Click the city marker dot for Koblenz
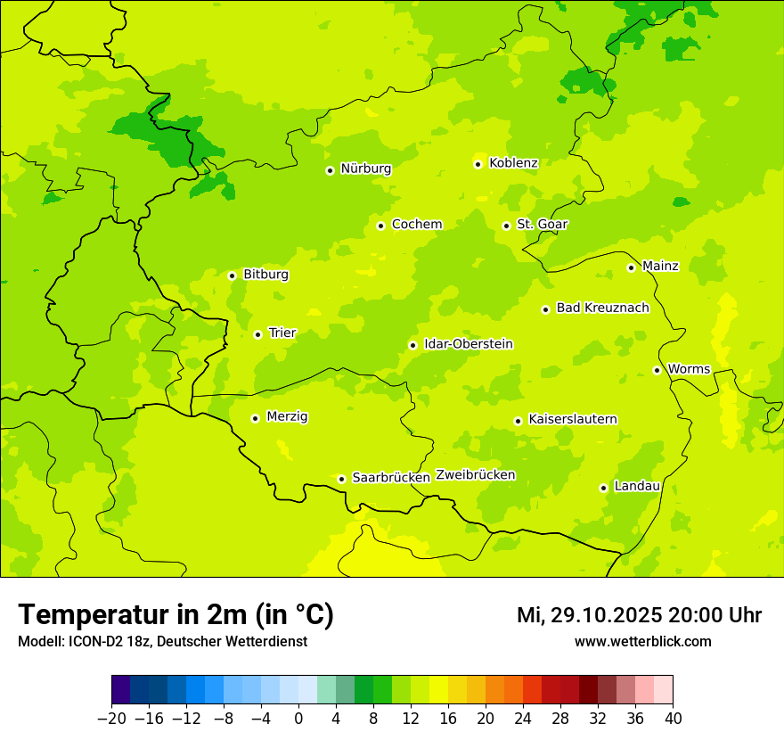tap(478, 164)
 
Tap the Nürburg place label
tap(365, 169)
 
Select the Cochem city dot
tap(380, 226)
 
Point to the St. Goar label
tap(542, 224)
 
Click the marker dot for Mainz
tap(631, 267)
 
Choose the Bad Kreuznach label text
tap(602, 308)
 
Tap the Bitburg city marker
tap(232, 275)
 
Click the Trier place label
tap(282, 333)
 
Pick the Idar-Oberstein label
tap(469, 343)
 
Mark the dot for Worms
tap(657, 370)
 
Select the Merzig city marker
tap(255, 418)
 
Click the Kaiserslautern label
tap(572, 419)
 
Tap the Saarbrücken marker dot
tap(341, 479)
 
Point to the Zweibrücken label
tap(475, 475)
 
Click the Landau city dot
tap(603, 488)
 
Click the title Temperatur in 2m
tap(176, 615)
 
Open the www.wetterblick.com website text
tap(642, 641)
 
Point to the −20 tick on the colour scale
tap(111, 719)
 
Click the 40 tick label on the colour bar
tap(673, 719)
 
